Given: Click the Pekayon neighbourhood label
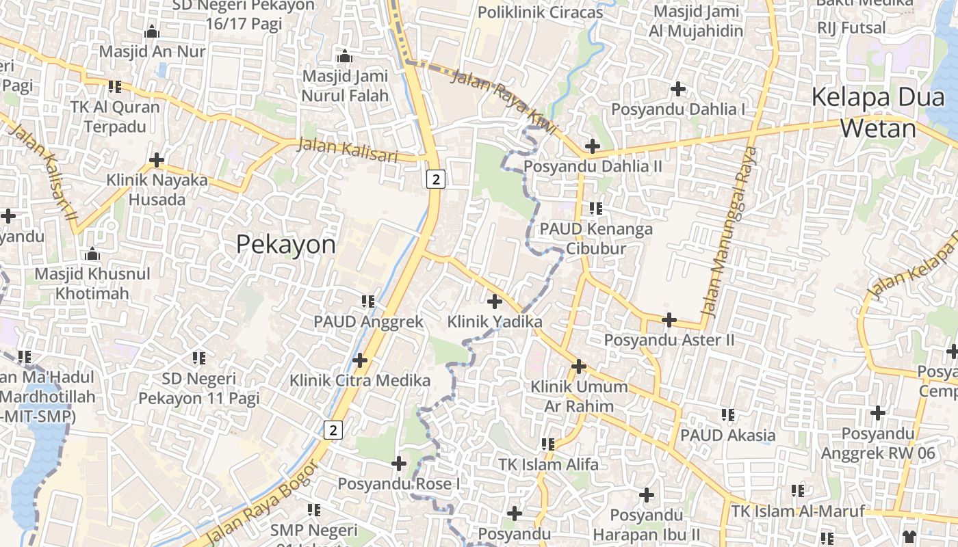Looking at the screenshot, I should (x=286, y=244).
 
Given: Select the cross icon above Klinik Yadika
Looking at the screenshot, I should (x=494, y=301).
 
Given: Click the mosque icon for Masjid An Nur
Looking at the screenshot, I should (x=152, y=31).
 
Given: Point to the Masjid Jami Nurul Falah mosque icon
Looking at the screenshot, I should (x=345, y=56).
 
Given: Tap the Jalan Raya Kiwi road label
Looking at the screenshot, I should (x=504, y=101).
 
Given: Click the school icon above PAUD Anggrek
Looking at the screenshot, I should (x=368, y=301).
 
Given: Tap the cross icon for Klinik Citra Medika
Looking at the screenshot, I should (x=360, y=360).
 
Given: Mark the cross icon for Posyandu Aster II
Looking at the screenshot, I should (x=669, y=319).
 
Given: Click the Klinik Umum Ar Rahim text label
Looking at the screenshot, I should (x=579, y=396).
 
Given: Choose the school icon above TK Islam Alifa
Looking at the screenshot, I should (x=548, y=444).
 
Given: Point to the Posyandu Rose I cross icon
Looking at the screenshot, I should (x=399, y=464).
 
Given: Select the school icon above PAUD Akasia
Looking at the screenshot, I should (x=728, y=415).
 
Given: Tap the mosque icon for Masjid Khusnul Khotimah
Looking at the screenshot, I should (x=92, y=254).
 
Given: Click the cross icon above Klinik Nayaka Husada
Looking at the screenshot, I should (x=157, y=160).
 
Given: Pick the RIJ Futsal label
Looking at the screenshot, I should (x=851, y=28).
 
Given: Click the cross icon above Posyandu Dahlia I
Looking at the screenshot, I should (x=678, y=88).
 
